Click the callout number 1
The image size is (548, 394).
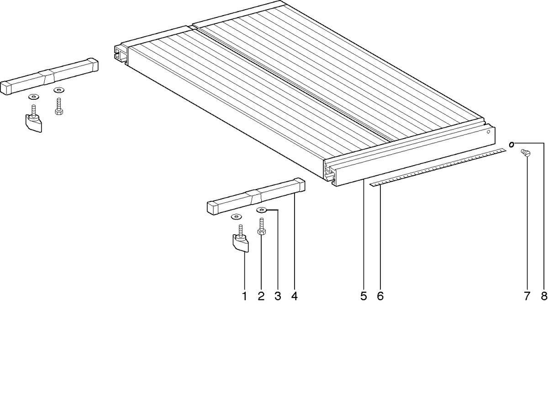[x=244, y=297]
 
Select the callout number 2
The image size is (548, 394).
[x=261, y=297]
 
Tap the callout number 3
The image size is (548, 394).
[x=278, y=297]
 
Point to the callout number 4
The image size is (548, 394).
[x=294, y=297]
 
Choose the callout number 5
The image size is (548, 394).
[x=364, y=297]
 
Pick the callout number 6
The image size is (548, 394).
[x=380, y=297]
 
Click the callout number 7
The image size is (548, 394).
[x=527, y=297]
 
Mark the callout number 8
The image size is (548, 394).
[x=544, y=297]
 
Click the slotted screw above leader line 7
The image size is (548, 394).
[x=525, y=153]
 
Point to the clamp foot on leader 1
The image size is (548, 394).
[x=241, y=242]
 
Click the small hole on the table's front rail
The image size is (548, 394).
[x=488, y=132]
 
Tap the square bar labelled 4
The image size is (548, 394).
[x=256, y=196]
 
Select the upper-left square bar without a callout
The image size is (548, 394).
[x=49, y=76]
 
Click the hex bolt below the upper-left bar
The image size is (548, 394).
[x=59, y=107]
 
